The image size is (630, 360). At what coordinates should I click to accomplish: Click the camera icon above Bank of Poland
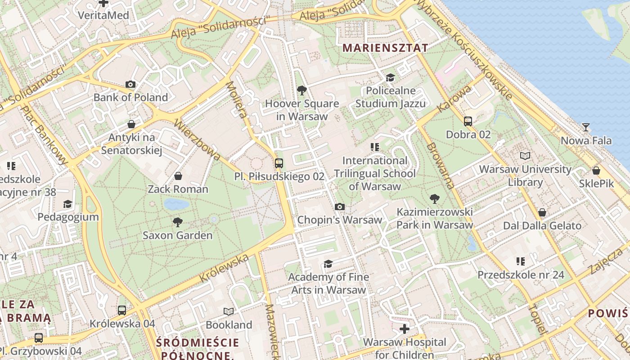point(130,84)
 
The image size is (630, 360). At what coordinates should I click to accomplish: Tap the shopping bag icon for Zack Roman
point(178,175)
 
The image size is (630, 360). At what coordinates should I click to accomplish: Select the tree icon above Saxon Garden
point(178,222)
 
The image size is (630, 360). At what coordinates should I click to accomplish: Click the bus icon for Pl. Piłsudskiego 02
point(279,163)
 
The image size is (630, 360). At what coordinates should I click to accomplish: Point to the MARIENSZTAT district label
point(385,48)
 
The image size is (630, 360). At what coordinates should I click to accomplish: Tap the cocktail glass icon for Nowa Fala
point(585,127)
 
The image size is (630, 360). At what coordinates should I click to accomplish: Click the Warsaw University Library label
point(525,176)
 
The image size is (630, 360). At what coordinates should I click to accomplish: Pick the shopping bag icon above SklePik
point(596,171)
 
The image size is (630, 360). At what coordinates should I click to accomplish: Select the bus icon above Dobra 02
point(468,121)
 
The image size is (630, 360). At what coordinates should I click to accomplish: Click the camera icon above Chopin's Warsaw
point(340,207)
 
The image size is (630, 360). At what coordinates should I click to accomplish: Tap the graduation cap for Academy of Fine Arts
point(328,264)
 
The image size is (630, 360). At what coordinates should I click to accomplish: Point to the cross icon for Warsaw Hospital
point(405,329)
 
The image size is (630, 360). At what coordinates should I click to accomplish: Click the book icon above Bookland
point(229,311)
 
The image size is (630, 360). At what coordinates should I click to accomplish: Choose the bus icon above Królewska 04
point(122,310)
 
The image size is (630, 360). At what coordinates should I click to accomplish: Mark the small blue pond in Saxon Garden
point(176,205)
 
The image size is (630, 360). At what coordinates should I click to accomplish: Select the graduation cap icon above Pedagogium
point(67,204)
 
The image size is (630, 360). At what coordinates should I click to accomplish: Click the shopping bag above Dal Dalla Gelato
point(542,212)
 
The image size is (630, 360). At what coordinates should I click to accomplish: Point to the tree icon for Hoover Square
point(302,90)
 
